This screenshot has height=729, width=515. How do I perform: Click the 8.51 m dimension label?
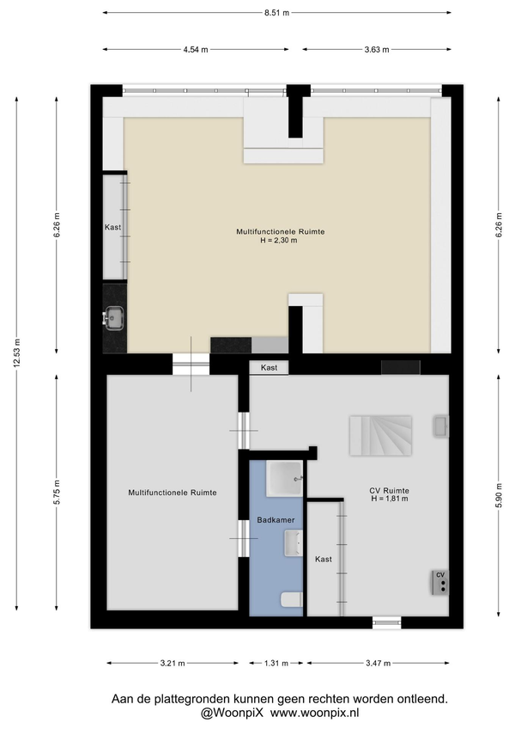point(276,13)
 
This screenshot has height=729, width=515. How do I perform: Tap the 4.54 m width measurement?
point(196,50)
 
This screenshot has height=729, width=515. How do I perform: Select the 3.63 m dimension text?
point(377,50)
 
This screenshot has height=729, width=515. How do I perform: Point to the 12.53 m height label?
point(17,352)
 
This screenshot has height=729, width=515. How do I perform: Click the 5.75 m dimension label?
point(57,493)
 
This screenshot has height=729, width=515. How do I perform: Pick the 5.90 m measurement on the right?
point(499,496)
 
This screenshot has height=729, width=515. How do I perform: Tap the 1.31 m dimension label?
point(276,664)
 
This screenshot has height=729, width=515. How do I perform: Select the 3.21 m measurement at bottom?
point(173,664)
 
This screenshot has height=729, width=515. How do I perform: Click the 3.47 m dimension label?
point(378,664)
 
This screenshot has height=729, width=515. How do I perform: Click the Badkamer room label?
point(276,520)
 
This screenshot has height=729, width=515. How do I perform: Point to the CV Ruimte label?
point(389,491)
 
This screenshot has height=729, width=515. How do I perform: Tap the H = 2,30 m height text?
point(279,241)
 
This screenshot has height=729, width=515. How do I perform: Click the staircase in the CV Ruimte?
point(381,435)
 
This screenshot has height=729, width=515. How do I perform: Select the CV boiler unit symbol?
point(440,583)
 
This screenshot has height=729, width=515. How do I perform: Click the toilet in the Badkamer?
point(292,600)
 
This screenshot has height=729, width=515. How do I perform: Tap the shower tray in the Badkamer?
point(285,478)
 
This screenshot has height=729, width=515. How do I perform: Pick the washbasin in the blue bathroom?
point(294,543)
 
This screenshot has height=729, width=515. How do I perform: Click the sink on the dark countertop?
point(113,318)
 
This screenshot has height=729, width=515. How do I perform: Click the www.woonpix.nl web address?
point(315,713)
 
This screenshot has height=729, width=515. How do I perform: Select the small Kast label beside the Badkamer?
point(324,560)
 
